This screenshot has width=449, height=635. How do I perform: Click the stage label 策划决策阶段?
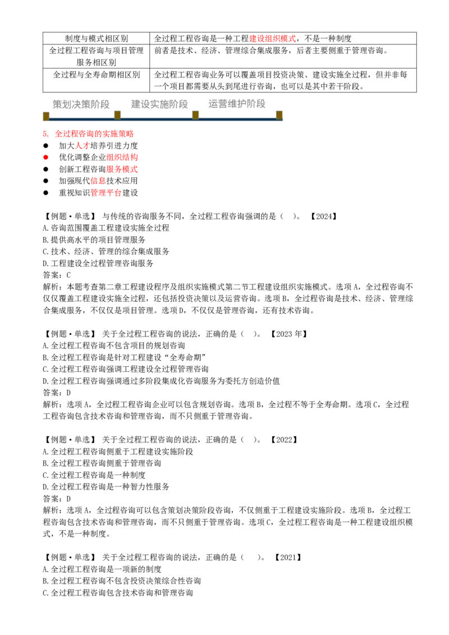click(81, 104)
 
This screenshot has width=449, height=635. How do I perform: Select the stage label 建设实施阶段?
click(159, 104)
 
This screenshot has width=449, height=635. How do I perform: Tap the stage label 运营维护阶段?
click(236, 104)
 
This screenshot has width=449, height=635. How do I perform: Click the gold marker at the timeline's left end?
click(46, 116)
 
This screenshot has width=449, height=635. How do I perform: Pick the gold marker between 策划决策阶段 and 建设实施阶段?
click(117, 115)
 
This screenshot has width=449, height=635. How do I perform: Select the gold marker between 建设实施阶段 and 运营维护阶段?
click(195, 115)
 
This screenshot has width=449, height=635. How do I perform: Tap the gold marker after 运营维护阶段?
click(279, 115)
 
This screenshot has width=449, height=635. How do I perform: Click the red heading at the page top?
click(272, 39)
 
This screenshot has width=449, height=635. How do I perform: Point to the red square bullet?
click(44, 134)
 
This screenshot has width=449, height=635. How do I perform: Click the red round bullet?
click(44, 158)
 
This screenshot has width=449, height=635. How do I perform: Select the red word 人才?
click(82, 146)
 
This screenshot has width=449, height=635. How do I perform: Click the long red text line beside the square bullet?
click(94, 134)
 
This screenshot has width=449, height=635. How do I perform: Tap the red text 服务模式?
click(122, 169)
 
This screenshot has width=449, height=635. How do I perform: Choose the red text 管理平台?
click(106, 193)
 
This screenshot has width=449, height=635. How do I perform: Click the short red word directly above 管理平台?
click(98, 181)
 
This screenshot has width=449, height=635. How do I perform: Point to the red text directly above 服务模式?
click(122, 157)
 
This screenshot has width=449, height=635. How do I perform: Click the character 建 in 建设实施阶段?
click(135, 104)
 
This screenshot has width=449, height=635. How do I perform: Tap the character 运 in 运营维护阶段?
click(212, 104)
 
